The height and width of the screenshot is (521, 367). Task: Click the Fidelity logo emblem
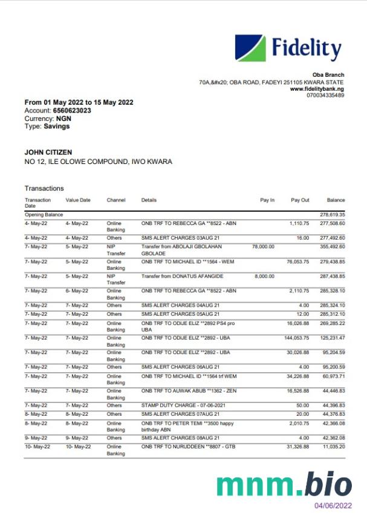[x=250, y=48]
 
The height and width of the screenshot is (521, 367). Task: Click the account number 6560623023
[x=72, y=111]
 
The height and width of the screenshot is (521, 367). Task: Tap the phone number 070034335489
[x=325, y=96]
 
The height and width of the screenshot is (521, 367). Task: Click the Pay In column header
[x=267, y=200]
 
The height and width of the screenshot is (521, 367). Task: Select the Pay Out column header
[x=300, y=200]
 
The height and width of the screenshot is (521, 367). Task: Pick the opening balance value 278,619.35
[x=332, y=215]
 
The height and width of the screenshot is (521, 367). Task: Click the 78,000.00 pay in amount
[x=263, y=247]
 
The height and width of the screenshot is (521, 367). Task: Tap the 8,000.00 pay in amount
[x=264, y=276]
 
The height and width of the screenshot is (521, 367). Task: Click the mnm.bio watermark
[x=284, y=484]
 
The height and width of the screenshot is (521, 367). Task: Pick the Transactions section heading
[x=44, y=188]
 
